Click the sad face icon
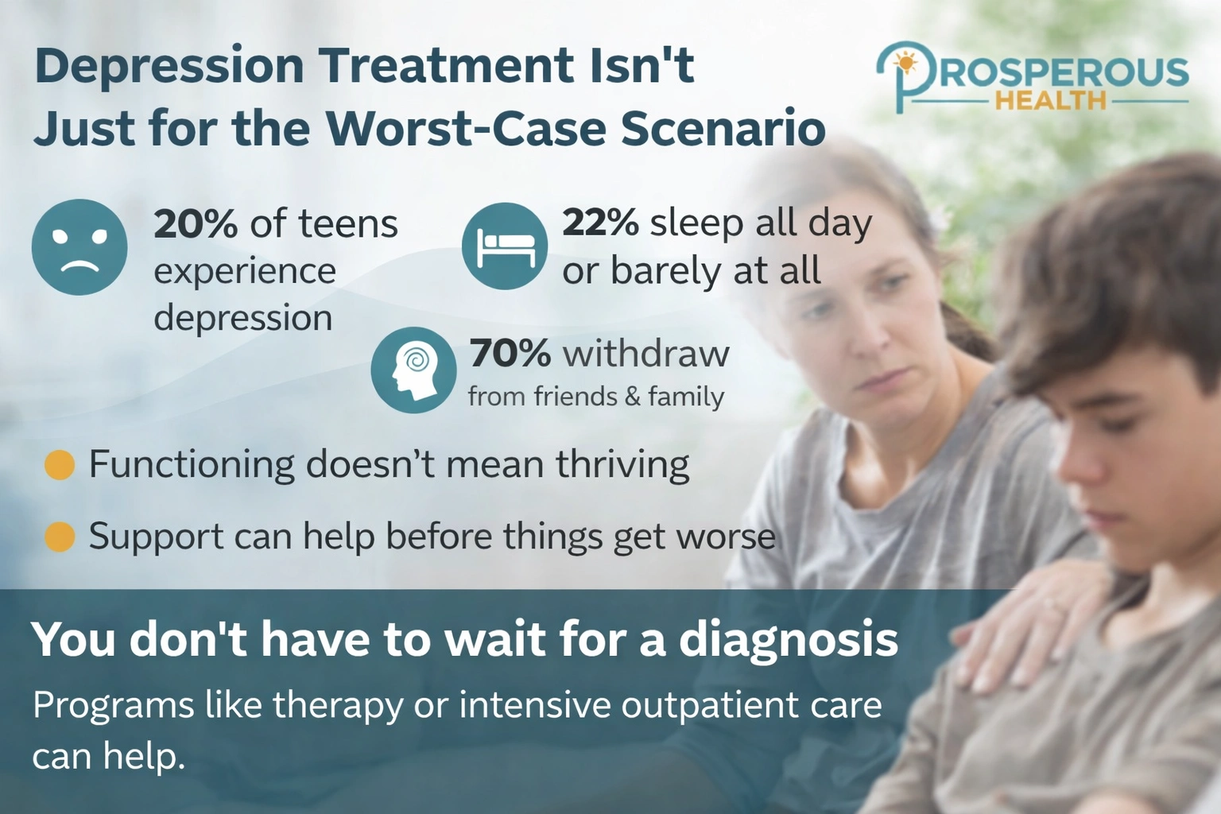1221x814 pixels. point(79,247)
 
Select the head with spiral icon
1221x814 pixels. point(413,370)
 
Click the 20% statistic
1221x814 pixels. point(195,224)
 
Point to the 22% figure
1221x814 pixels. point(600,223)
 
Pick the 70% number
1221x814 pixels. point(510,354)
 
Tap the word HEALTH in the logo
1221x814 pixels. point(1050,101)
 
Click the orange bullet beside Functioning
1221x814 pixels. point(60,465)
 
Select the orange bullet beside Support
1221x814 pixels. point(60,537)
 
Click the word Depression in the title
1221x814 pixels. point(169,66)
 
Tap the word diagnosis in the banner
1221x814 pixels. point(788,640)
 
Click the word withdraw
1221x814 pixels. point(646,354)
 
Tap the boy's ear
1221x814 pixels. point(1025,413)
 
